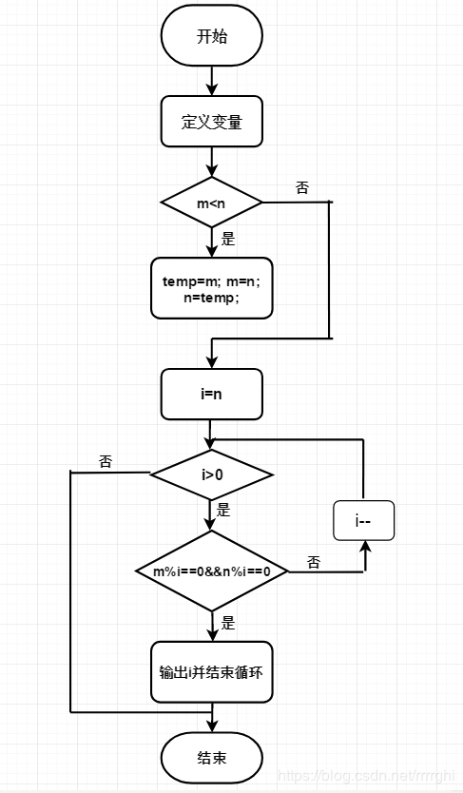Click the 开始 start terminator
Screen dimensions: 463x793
pyautogui.click(x=212, y=35)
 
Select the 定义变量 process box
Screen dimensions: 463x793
pyautogui.click(x=212, y=122)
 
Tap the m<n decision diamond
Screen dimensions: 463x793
pyautogui.click(x=212, y=203)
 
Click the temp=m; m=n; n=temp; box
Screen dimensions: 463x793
pyautogui.click(x=212, y=288)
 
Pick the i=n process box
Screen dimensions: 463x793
pyautogui.click(x=212, y=395)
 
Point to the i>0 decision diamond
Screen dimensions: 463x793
pyautogui.click(x=212, y=474)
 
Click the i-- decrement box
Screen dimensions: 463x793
pyautogui.click(x=363, y=520)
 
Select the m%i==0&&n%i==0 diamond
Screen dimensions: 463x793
pyautogui.click(x=212, y=571)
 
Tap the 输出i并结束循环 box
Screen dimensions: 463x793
pyautogui.click(x=212, y=672)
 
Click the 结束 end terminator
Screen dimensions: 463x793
pyautogui.click(x=212, y=758)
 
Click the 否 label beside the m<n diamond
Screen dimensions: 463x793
pyautogui.click(x=301, y=188)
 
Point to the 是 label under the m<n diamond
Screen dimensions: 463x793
pyautogui.click(x=228, y=240)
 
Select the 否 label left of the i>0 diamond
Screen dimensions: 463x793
pyautogui.click(x=106, y=461)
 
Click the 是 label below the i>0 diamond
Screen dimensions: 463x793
pyautogui.click(x=223, y=510)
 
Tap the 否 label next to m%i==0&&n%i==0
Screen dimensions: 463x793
pyautogui.click(x=314, y=562)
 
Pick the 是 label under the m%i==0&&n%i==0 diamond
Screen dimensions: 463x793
pyautogui.click(x=228, y=624)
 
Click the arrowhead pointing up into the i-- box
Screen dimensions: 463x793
pyautogui.click(x=364, y=546)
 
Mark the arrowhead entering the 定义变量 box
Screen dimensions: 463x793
pyautogui.click(x=212, y=90)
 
